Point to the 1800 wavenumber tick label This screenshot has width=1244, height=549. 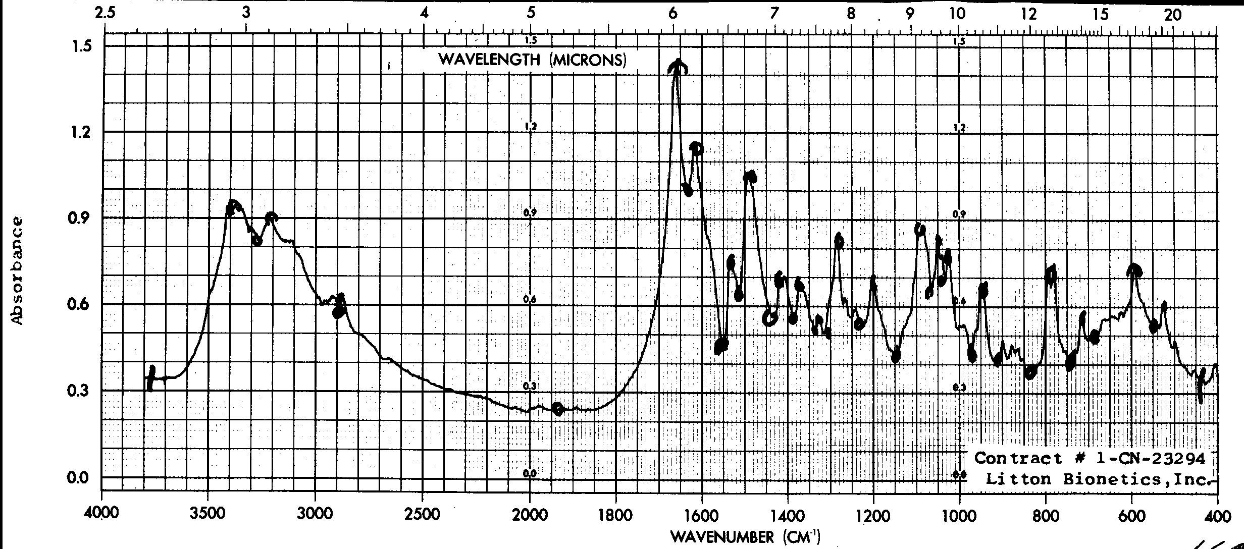point(616,516)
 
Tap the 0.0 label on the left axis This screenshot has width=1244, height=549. point(78,477)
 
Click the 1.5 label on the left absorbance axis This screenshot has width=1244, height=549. point(78,46)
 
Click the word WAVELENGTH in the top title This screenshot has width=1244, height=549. point(489,60)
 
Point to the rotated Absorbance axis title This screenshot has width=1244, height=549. point(18,270)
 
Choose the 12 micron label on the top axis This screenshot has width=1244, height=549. point(1029,14)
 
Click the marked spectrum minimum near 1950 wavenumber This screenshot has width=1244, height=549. point(558,409)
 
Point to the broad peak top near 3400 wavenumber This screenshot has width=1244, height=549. point(234,205)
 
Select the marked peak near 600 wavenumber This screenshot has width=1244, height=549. point(1134,270)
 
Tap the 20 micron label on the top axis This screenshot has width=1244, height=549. point(1173,14)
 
